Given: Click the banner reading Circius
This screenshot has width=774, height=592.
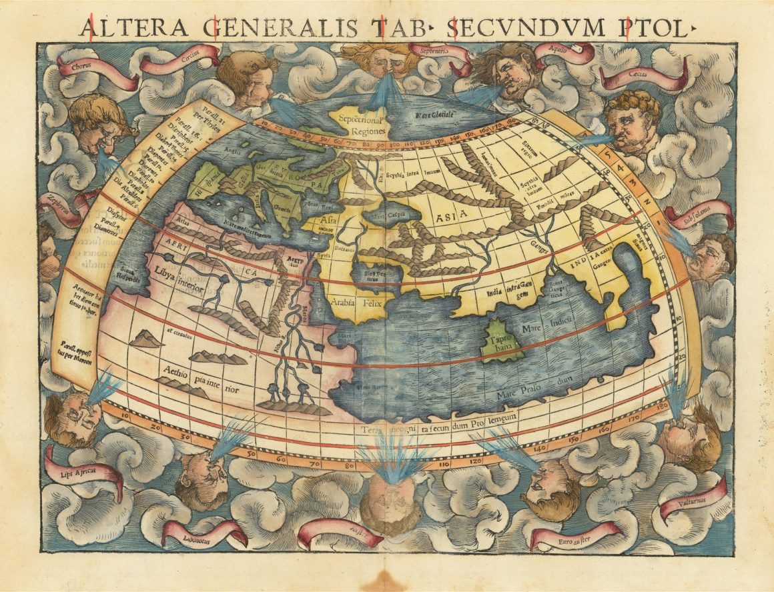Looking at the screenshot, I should click(x=189, y=57).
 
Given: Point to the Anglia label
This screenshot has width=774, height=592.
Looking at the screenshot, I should click(x=232, y=150).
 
